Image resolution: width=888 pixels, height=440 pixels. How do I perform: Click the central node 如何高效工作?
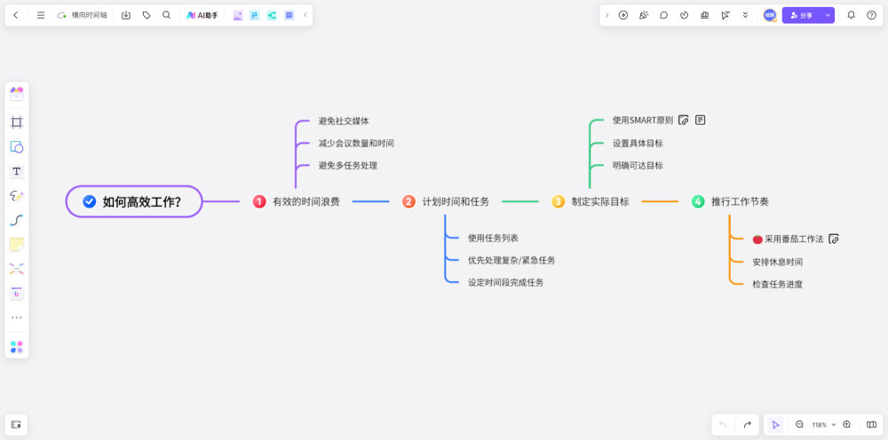pyautogui.click(x=135, y=202)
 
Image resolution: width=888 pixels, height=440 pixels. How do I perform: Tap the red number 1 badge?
pyautogui.click(x=259, y=202)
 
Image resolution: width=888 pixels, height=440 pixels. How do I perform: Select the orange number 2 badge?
pyautogui.click(x=408, y=202)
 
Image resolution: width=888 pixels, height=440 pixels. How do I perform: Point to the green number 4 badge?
pyautogui.click(x=698, y=202)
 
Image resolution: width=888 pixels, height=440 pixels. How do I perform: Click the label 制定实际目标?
pyautogui.click(x=600, y=202)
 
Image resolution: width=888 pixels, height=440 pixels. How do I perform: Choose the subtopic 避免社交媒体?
pyautogui.click(x=344, y=121)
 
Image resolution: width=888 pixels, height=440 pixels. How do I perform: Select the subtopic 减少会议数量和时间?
pyautogui.click(x=356, y=143)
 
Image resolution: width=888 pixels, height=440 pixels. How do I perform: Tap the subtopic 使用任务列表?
pyautogui.click(x=493, y=238)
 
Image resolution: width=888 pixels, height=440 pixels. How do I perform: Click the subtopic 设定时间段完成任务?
pyautogui.click(x=505, y=282)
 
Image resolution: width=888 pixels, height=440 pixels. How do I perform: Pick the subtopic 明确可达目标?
pyautogui.click(x=638, y=165)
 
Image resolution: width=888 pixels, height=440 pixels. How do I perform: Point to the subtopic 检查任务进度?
pyautogui.click(x=777, y=284)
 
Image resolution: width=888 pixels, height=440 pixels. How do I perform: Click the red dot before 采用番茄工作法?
pyautogui.click(x=757, y=240)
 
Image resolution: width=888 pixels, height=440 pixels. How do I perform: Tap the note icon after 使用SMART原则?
pyautogui.click(x=701, y=120)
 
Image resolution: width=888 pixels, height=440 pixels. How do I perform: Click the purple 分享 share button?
pyautogui.click(x=801, y=15)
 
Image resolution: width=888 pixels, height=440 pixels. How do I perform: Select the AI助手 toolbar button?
pyautogui.click(x=202, y=15)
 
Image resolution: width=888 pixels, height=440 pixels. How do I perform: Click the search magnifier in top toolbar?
pyautogui.click(x=166, y=15)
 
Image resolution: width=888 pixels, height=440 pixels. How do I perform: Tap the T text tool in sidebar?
pyautogui.click(x=17, y=171)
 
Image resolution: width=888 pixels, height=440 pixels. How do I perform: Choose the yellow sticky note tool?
pyautogui.click(x=17, y=244)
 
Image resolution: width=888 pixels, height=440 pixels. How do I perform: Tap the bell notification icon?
pyautogui.click(x=851, y=15)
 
